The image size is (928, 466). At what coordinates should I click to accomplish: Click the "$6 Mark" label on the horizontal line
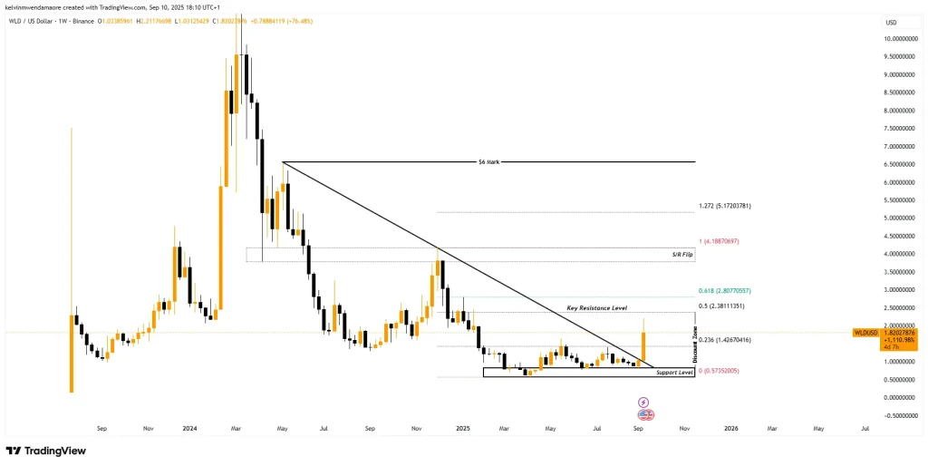click(488, 162)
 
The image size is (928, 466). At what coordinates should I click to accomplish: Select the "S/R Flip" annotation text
click(681, 256)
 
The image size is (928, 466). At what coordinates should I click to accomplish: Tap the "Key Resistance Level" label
click(596, 308)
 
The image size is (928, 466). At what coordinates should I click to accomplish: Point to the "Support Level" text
click(673, 373)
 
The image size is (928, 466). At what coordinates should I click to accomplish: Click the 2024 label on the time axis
click(189, 427)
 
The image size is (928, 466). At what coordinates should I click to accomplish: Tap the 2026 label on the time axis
click(730, 427)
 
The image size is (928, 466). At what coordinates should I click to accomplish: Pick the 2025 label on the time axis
click(462, 427)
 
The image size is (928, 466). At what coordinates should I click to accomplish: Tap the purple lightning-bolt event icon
click(643, 402)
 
